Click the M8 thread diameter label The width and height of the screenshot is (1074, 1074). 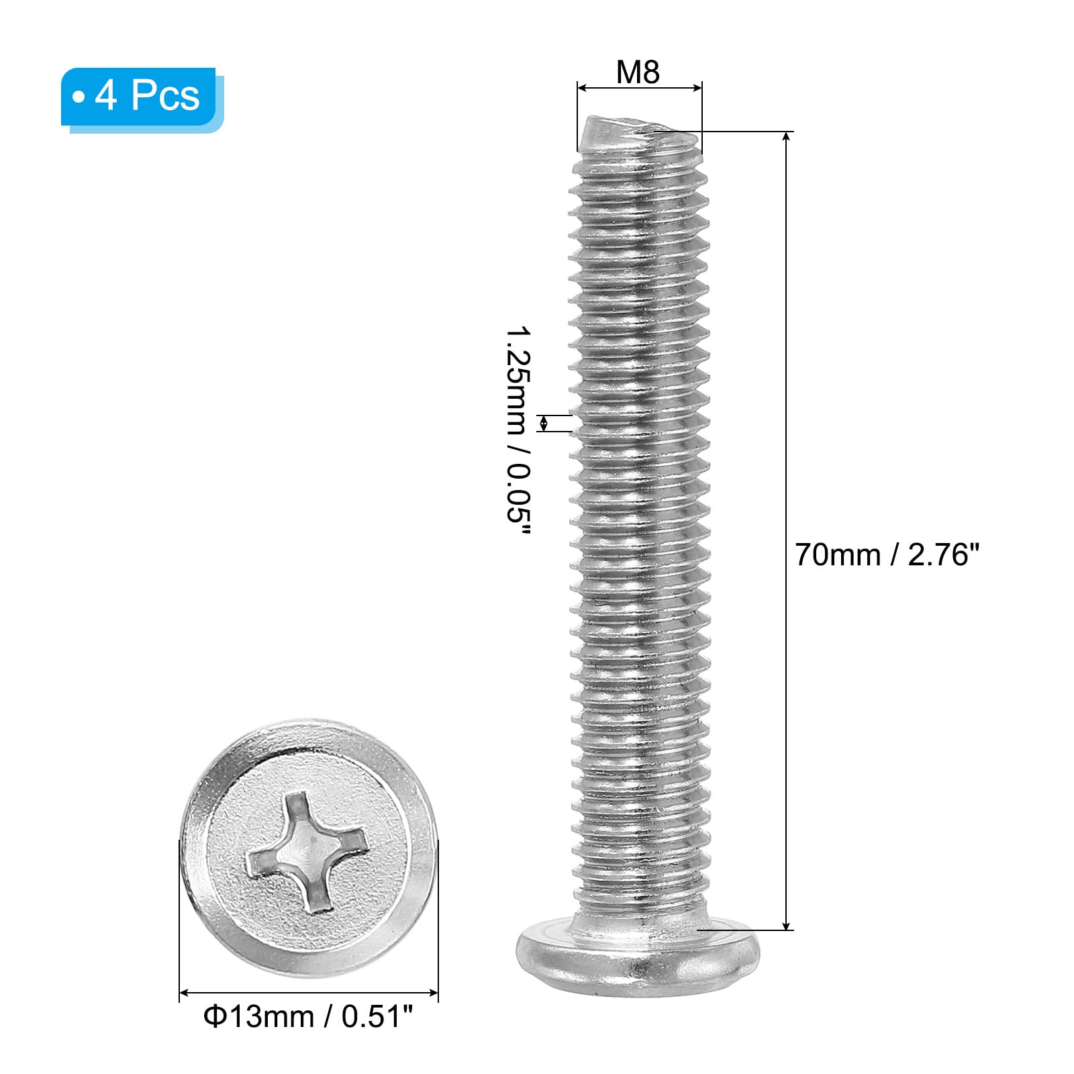pos(638,72)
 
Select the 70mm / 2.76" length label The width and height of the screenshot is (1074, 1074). pos(887,555)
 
